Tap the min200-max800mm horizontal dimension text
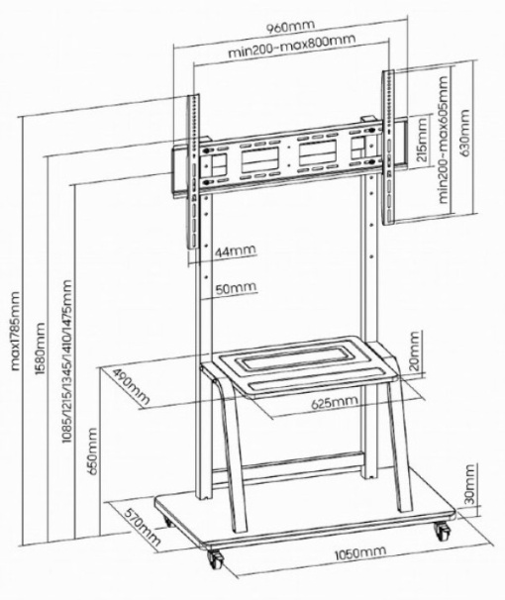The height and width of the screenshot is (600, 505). point(292,46)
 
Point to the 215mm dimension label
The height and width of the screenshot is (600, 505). point(421,140)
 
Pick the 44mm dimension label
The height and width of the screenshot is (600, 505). point(235,251)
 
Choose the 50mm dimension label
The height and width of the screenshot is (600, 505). point(236,288)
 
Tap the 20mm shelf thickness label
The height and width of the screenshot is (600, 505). point(414,351)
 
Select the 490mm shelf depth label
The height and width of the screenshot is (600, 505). point(133,387)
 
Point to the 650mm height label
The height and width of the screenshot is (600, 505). point(93,451)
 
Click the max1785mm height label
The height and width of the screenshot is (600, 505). point(15,332)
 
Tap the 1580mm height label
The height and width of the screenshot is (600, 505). point(40,349)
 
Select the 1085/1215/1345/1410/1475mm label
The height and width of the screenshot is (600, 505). point(67,361)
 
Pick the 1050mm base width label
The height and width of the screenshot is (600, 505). point(360,552)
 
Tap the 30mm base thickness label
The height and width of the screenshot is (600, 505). point(469,484)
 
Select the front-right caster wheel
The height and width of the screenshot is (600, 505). point(443,531)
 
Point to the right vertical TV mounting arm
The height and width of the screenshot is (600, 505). point(387,147)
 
